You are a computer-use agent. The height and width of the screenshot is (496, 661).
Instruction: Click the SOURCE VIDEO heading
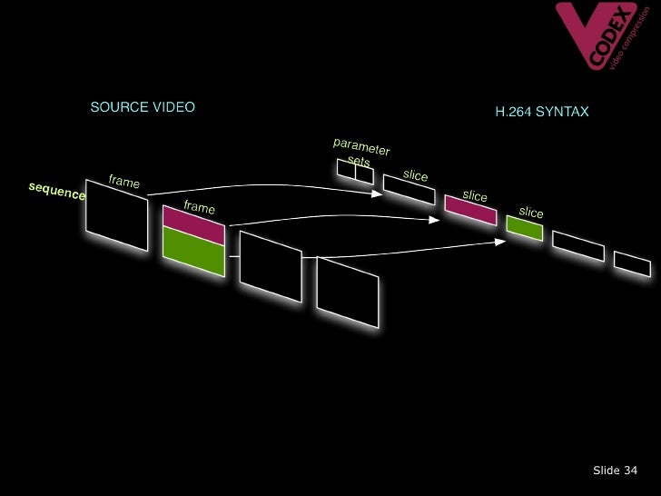pyautogui.click(x=143, y=107)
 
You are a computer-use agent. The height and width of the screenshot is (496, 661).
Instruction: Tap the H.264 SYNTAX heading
pyautogui.click(x=542, y=112)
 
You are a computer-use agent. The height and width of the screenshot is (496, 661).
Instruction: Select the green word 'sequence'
pyautogui.click(x=56, y=192)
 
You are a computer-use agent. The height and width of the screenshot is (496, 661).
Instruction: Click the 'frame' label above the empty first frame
pyautogui.click(x=124, y=182)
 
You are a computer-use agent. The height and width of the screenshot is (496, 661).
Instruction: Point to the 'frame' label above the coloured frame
pyautogui.click(x=199, y=207)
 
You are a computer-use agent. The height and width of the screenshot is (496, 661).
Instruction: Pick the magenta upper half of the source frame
pyautogui.click(x=193, y=225)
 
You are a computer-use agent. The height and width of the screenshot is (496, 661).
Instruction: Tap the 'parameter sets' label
pyautogui.click(x=360, y=152)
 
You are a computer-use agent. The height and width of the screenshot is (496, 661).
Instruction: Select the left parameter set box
pyautogui.click(x=346, y=169)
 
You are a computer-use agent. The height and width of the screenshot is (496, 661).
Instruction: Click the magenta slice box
pyautogui.click(x=470, y=210)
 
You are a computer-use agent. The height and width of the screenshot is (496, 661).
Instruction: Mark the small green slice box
pyautogui.click(x=524, y=228)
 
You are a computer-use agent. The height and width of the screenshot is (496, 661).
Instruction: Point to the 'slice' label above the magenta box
pyautogui.click(x=475, y=195)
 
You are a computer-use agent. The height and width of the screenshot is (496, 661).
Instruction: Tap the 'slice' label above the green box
pyautogui.click(x=531, y=213)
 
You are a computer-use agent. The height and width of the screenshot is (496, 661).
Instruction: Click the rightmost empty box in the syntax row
pyautogui.click(x=632, y=263)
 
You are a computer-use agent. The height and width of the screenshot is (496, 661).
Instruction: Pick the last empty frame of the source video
pyautogui.click(x=348, y=293)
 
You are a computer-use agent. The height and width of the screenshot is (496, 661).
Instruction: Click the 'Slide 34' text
pyautogui.click(x=615, y=470)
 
